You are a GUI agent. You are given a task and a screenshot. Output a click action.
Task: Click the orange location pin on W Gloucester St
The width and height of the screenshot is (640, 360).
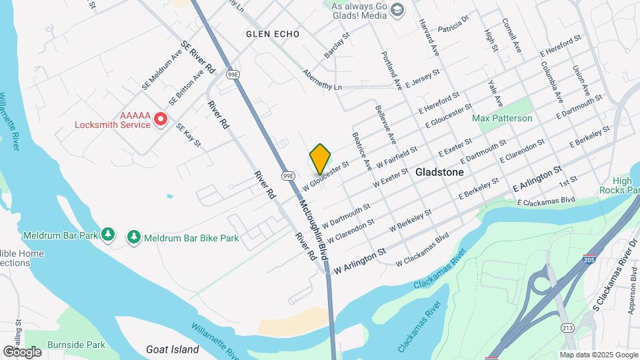click(321, 158)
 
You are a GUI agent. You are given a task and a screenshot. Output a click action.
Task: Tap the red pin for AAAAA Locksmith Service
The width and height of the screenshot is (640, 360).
click(160, 119)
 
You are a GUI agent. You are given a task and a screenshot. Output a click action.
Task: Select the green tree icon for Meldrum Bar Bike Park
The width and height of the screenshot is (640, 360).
click(134, 237)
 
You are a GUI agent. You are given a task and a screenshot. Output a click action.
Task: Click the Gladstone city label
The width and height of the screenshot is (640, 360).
click(439, 171)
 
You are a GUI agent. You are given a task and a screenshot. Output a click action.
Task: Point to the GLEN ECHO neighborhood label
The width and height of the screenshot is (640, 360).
click(272, 34)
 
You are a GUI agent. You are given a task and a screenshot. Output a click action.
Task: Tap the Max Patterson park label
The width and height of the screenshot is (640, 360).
click(503, 118)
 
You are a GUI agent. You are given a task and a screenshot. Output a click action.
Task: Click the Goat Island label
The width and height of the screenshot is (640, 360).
click(173, 349)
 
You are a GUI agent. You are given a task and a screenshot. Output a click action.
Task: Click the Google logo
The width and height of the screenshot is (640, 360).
click(22, 351)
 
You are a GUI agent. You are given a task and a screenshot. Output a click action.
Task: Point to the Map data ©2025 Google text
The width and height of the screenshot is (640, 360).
click(599, 355)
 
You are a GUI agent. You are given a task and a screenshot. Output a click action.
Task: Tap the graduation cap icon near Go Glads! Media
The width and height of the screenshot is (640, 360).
click(398, 9)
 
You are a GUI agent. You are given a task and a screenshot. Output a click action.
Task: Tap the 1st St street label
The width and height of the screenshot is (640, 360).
click(567, 181)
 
